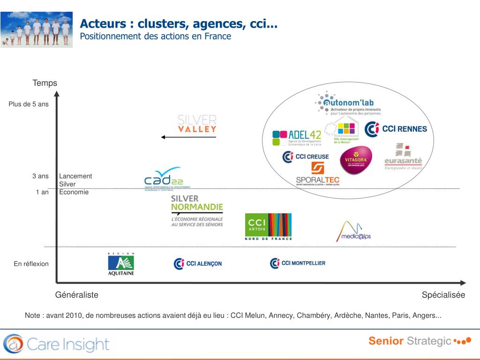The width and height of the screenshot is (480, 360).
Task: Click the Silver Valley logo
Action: [197, 123]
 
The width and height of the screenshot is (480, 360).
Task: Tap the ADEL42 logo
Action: [296, 138]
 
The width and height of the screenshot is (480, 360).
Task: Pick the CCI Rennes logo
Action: [396, 128]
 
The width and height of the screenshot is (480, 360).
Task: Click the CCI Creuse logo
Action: [306, 157]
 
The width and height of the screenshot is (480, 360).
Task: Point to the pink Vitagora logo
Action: [356, 160]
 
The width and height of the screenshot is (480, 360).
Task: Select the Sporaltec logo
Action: [318, 174]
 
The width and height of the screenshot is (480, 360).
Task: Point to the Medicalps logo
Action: [353, 231]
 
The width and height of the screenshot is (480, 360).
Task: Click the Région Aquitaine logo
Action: [121, 265]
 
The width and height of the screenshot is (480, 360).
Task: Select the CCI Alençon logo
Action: [197, 263]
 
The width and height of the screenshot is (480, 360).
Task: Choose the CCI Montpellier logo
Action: [298, 263]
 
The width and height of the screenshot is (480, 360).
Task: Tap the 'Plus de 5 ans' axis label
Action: [29, 104]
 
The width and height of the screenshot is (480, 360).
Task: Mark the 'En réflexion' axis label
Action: [31, 264]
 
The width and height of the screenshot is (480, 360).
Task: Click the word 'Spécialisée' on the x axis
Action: [443, 295]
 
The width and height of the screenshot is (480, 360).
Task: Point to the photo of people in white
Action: [37, 30]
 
